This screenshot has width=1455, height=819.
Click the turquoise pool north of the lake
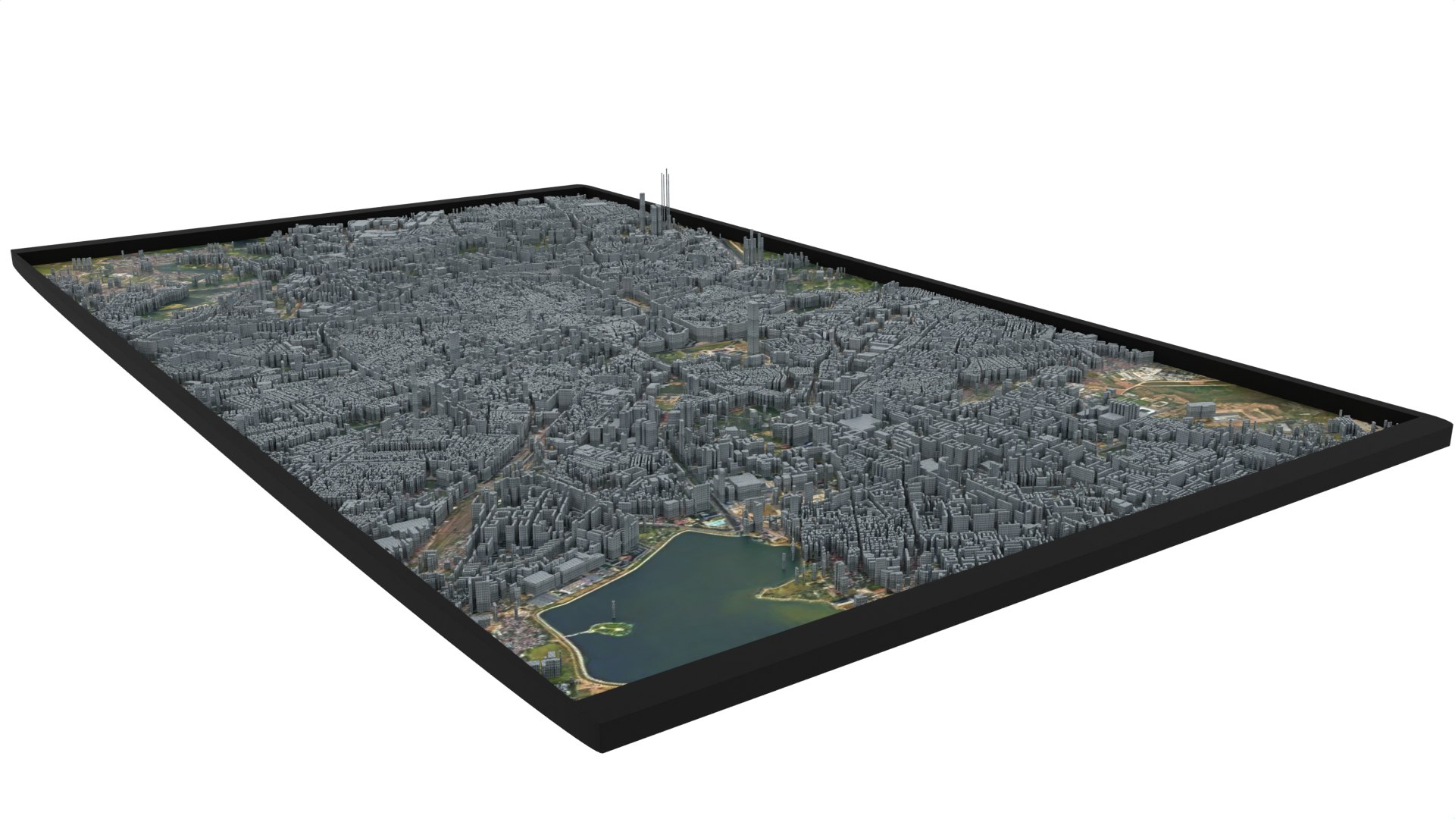pos(715,522)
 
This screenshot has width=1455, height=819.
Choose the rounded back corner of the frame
pos(579,187)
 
